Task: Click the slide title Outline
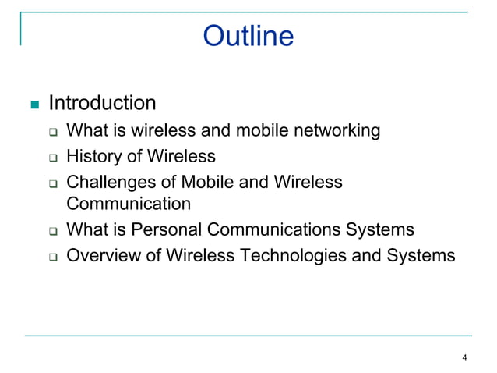(x=248, y=36)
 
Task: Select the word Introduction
(x=102, y=103)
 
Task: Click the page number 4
(x=464, y=358)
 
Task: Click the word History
(x=94, y=157)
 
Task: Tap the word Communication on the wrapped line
(x=129, y=204)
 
